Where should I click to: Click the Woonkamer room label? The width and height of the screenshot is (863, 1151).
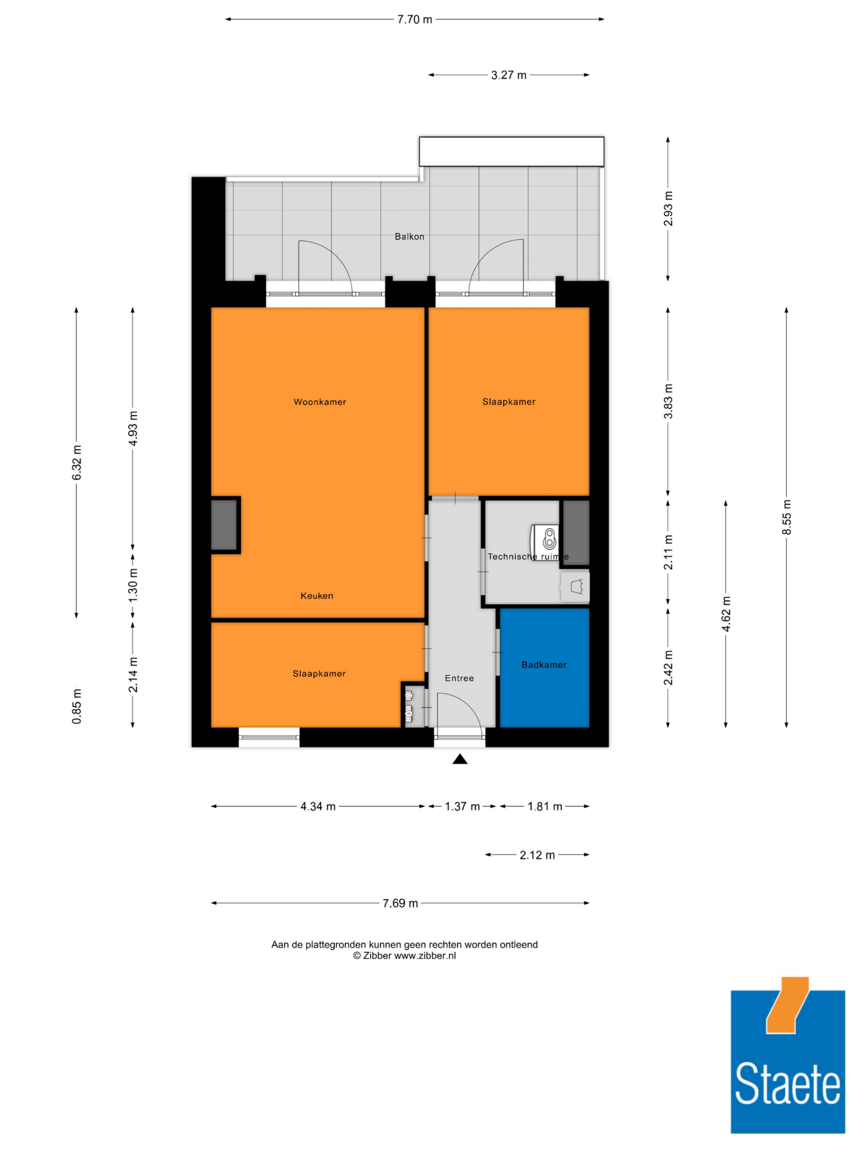(x=319, y=402)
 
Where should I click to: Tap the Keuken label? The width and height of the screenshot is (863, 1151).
(x=317, y=596)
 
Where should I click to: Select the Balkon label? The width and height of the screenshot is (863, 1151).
(x=409, y=237)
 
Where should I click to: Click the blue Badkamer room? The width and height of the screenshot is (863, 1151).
(x=544, y=668)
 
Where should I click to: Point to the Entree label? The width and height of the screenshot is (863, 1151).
(x=459, y=678)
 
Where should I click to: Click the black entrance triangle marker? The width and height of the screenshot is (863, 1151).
(x=460, y=759)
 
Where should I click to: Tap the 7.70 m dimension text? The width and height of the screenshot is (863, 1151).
(x=415, y=20)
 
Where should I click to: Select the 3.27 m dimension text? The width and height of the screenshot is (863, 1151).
(x=509, y=75)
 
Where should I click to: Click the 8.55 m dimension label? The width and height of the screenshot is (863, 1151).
(x=787, y=517)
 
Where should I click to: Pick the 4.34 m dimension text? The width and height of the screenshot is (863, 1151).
(x=318, y=807)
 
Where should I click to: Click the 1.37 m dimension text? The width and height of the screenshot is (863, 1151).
(x=462, y=807)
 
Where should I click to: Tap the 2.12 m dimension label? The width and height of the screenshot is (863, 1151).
(x=537, y=855)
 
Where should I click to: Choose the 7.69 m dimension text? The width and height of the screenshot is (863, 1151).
(x=400, y=903)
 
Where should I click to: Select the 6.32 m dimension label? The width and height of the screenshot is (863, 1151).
(x=76, y=463)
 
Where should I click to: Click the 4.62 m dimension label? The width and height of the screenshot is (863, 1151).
(x=726, y=614)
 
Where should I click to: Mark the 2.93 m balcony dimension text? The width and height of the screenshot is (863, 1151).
(x=668, y=208)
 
